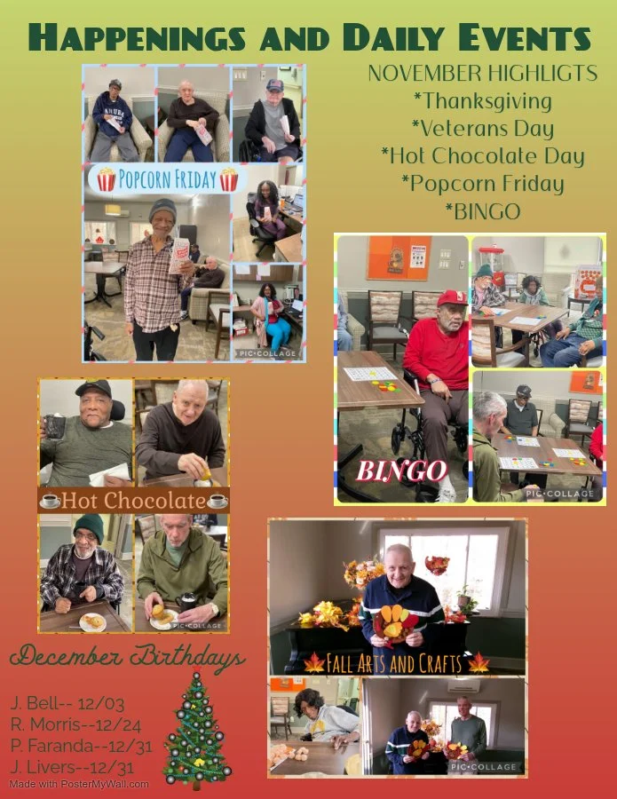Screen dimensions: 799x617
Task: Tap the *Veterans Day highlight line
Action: (x=483, y=129)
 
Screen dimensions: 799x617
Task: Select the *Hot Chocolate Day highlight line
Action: (x=483, y=156)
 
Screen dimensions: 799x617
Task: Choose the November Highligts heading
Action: (x=482, y=75)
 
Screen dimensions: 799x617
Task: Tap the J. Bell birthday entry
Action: (x=67, y=704)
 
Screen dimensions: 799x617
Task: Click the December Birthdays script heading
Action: (x=128, y=660)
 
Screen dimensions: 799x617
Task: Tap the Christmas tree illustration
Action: (x=197, y=730)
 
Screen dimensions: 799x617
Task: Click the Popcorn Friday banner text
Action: (x=167, y=180)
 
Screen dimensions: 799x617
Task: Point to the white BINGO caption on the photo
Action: (x=402, y=471)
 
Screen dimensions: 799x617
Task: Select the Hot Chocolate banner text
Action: (x=134, y=501)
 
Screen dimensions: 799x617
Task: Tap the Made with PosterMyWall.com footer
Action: (x=80, y=785)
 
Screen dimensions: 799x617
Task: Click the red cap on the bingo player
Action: (x=452, y=298)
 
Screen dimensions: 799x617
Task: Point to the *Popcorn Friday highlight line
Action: (x=483, y=184)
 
